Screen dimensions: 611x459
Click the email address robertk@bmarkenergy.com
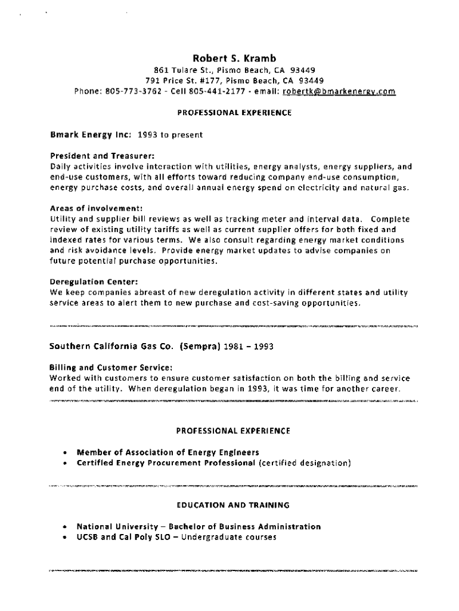[x=339, y=91]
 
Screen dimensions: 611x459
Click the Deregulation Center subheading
[x=86, y=282]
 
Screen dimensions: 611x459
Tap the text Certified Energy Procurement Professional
[x=166, y=462]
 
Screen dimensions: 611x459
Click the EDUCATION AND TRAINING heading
[x=233, y=505]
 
